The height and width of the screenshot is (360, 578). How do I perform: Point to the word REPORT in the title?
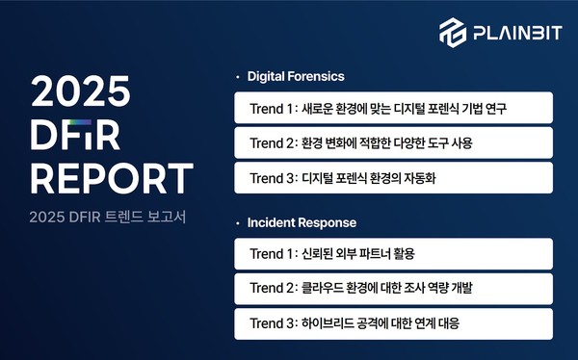(111, 179)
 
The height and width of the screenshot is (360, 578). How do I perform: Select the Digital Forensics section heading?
(296, 75)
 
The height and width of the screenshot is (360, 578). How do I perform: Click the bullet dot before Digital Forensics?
(237, 75)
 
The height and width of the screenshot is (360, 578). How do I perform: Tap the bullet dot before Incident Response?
(237, 222)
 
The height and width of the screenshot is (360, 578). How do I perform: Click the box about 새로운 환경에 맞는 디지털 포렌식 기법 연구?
(393, 108)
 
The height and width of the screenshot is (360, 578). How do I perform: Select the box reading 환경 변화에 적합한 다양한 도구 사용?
(393, 142)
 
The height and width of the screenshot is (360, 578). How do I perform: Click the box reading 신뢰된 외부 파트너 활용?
(393, 254)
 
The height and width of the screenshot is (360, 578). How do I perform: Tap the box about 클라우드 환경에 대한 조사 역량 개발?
(393, 289)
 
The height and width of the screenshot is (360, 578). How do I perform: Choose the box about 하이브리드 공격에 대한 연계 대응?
(393, 323)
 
